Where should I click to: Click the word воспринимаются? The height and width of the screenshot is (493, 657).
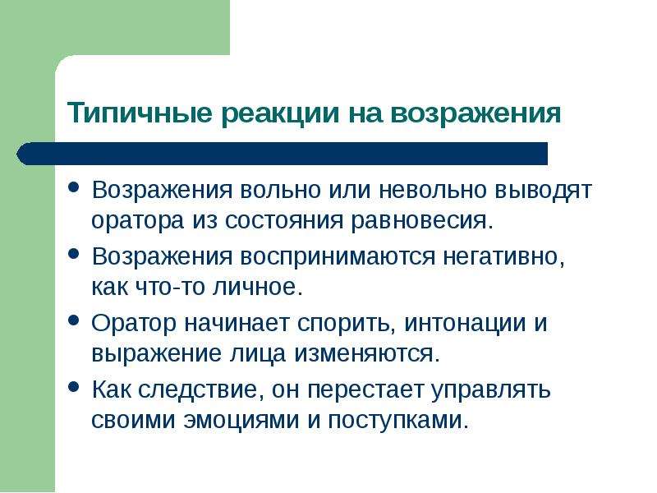(339, 256)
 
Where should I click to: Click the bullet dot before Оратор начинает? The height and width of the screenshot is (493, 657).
(74, 320)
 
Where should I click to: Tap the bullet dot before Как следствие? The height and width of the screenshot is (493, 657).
(74, 387)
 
